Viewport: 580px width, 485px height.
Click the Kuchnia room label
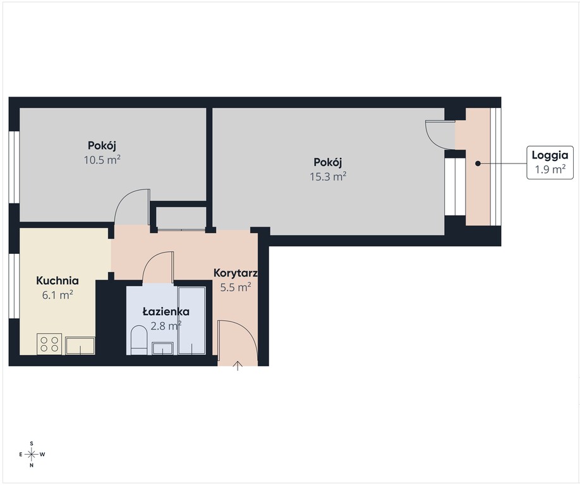point(57,280)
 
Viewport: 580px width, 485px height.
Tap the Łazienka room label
point(166,311)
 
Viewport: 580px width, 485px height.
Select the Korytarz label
point(236,273)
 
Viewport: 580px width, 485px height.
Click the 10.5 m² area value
point(102,160)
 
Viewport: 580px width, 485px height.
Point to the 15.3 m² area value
point(328,176)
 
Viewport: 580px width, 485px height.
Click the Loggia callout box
point(550,163)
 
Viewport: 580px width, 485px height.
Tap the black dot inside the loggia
point(478,164)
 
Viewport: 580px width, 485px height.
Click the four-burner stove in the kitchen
point(49,344)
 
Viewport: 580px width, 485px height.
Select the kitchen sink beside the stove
point(80,345)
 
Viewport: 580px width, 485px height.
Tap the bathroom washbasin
point(163,348)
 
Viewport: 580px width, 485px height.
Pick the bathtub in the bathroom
point(191,320)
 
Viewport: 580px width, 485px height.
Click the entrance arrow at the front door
point(238,366)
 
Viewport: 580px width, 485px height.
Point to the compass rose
point(32,454)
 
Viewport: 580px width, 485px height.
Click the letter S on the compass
point(32,443)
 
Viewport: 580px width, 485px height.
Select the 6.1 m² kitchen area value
point(57,295)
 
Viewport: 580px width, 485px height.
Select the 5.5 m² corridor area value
point(236,287)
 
